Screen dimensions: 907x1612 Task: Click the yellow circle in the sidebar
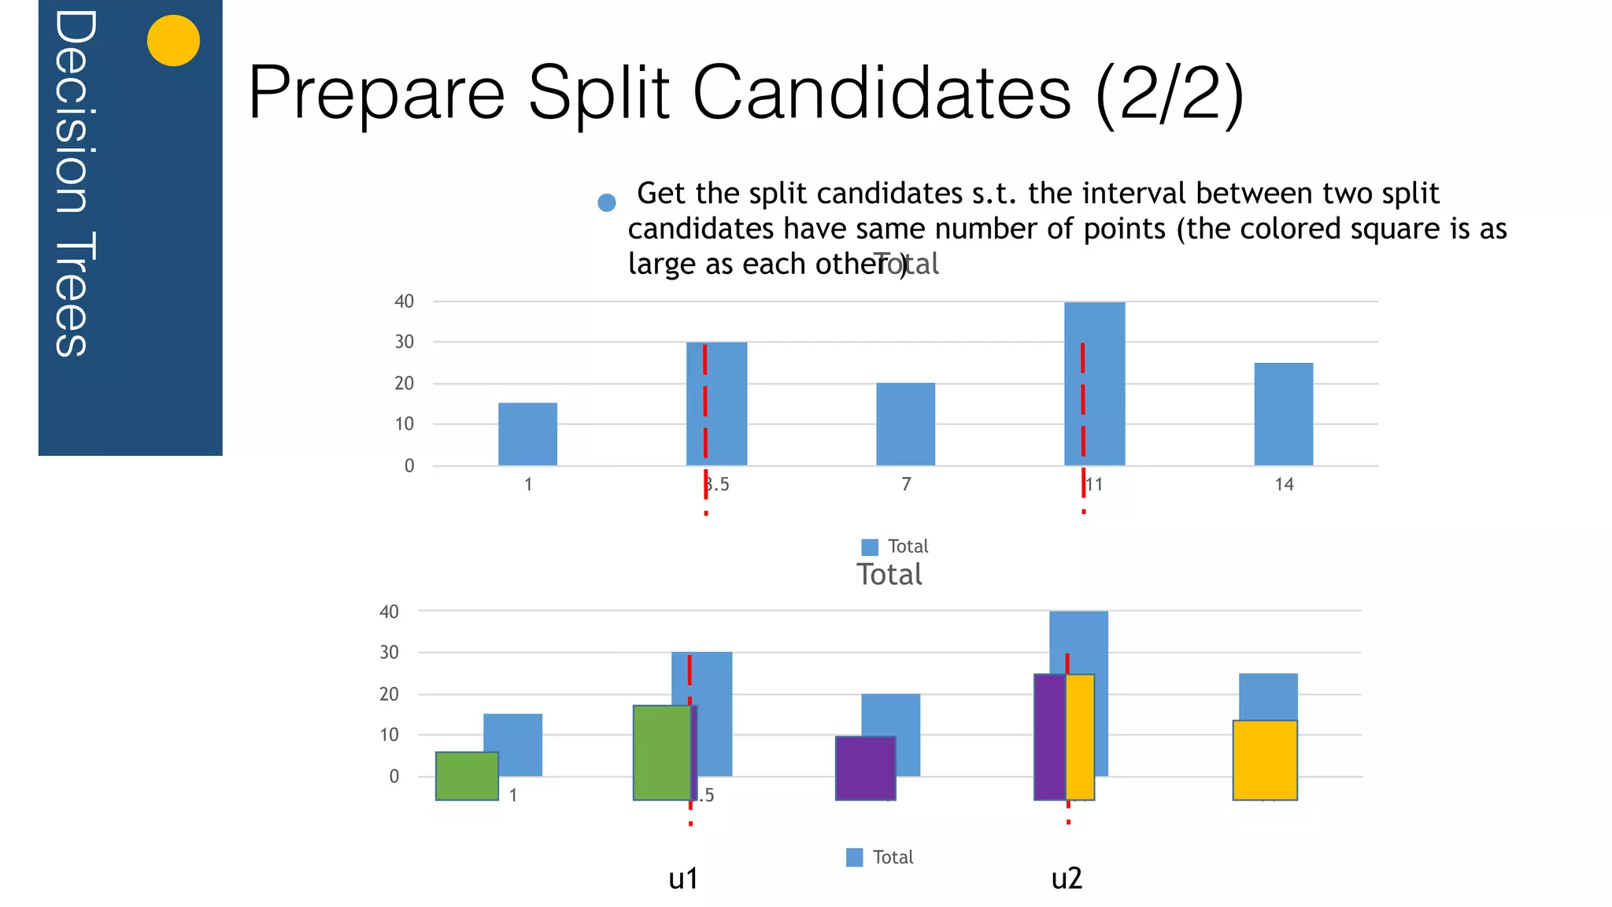tap(173, 41)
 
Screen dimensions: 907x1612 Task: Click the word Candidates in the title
tap(882, 93)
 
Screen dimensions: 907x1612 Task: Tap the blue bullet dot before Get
tap(607, 203)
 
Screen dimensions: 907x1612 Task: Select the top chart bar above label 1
tap(527, 434)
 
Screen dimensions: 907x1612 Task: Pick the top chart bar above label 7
tap(906, 424)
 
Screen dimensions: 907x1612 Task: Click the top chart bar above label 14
tap(1284, 413)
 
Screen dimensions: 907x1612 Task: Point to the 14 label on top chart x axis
tap(1284, 484)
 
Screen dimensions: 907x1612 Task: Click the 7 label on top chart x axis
tap(906, 484)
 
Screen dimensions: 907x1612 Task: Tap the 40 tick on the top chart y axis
tap(404, 302)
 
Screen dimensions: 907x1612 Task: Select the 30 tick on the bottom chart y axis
tap(389, 653)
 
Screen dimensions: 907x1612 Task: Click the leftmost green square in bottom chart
tap(467, 776)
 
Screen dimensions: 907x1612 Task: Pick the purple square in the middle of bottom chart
tap(865, 768)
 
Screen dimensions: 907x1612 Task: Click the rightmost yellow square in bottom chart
tap(1265, 761)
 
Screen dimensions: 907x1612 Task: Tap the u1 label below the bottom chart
tap(683, 879)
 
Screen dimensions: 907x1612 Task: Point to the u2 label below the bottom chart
tap(1067, 879)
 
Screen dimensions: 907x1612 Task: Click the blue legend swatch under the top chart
tap(870, 547)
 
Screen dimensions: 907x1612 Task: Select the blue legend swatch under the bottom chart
tap(854, 857)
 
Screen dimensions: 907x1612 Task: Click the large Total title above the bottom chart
tap(889, 575)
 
